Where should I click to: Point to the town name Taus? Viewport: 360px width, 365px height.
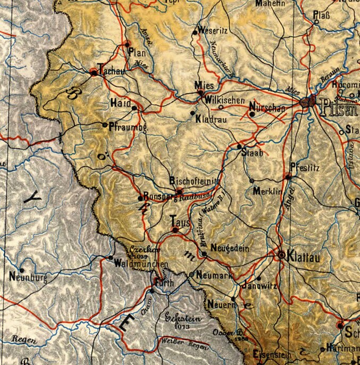180,220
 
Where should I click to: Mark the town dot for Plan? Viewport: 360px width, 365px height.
128,44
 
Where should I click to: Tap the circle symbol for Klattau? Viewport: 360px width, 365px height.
281,255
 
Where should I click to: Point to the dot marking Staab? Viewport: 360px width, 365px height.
239,146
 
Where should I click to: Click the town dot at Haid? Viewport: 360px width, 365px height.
134,107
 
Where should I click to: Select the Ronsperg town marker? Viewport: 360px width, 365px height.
140,198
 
